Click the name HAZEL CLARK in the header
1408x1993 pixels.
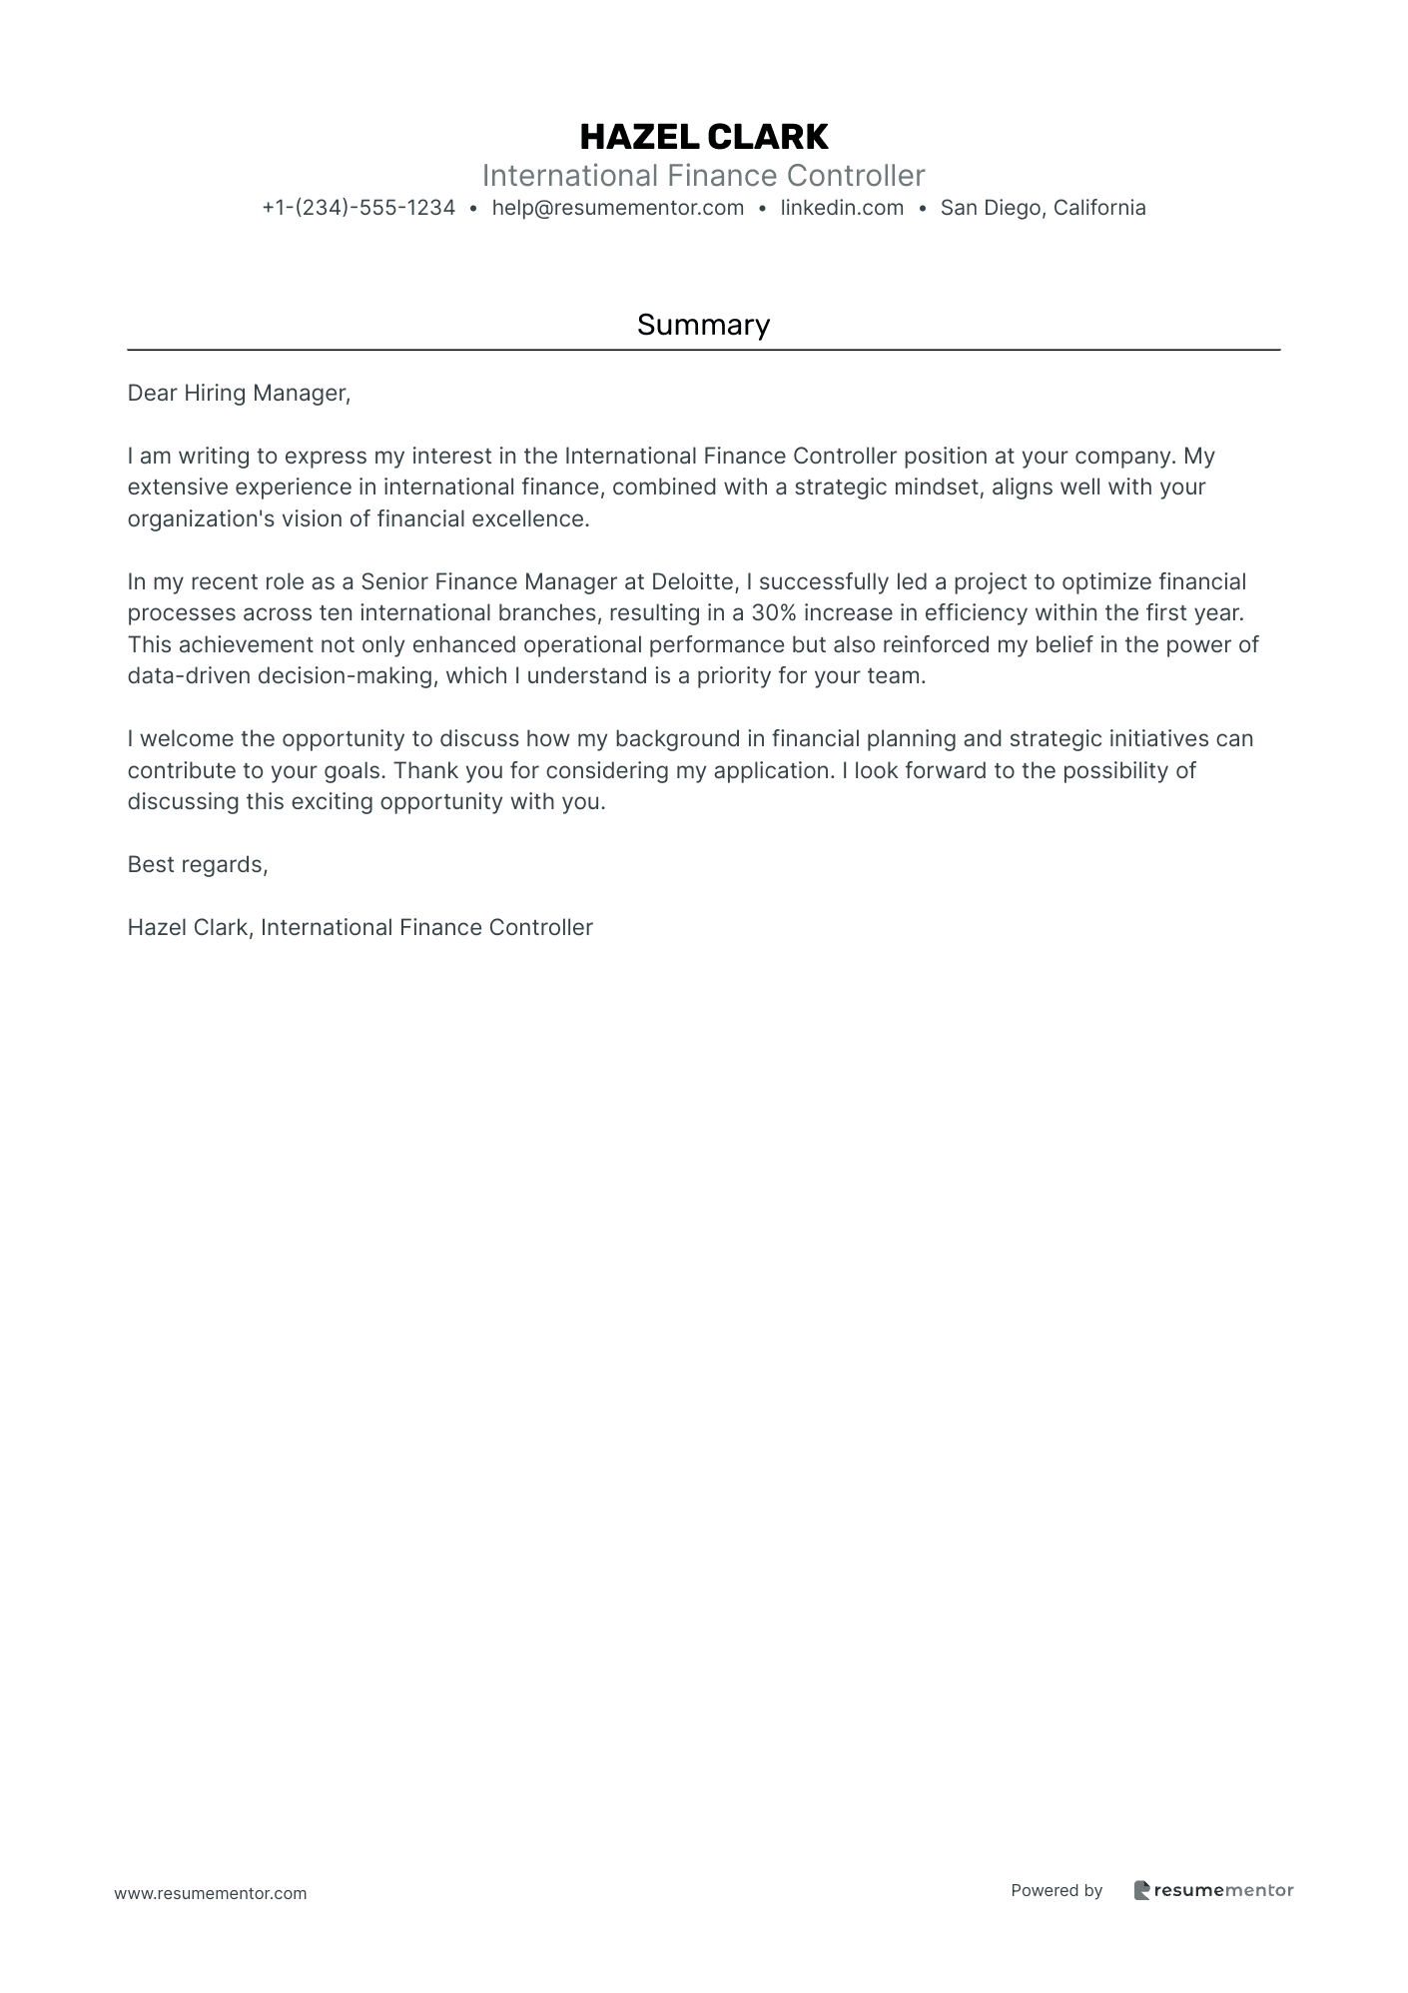click(703, 136)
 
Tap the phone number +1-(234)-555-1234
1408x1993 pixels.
click(358, 208)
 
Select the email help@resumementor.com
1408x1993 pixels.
click(617, 208)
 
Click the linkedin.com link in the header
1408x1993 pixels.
click(842, 208)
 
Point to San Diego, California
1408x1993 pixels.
click(1043, 208)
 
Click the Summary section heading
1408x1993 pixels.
click(703, 325)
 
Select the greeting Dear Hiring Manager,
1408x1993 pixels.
click(239, 394)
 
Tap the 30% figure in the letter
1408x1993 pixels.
click(773, 613)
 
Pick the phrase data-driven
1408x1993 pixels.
click(189, 676)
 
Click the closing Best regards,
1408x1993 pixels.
click(198, 865)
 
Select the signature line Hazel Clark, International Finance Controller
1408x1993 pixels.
click(359, 928)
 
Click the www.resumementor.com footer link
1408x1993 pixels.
click(211, 1893)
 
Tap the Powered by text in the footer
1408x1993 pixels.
click(1056, 1890)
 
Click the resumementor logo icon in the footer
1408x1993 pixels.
click(1141, 1890)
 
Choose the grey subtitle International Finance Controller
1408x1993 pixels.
click(703, 176)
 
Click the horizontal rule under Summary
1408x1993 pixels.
click(703, 351)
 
